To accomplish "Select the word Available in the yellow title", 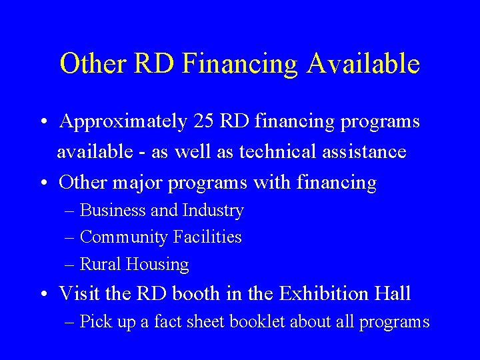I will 363,64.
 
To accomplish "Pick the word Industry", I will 213,211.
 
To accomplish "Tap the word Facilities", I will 208,237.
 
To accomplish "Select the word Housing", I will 157,265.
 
